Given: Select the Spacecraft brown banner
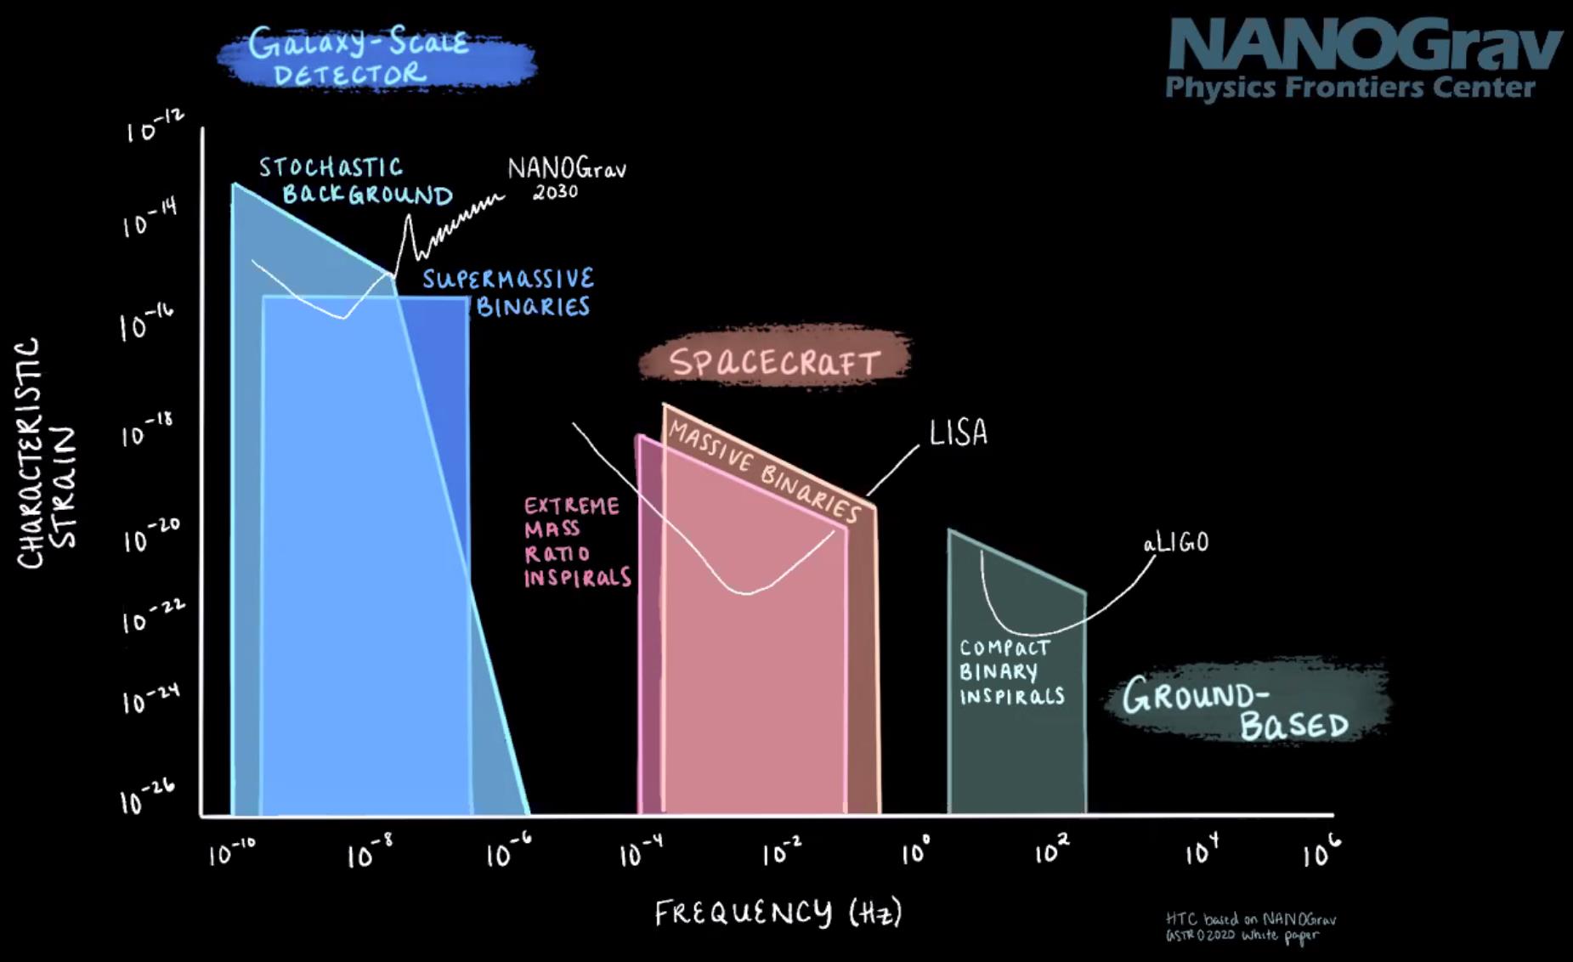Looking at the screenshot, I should pyautogui.click(x=773, y=361).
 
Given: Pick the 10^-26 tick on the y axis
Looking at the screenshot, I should pyautogui.click(x=146, y=796).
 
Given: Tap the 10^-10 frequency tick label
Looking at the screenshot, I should pyautogui.click(x=231, y=851).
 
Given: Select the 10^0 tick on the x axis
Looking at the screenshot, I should pyautogui.click(x=916, y=850).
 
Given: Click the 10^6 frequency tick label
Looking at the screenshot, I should pyautogui.click(x=1321, y=850).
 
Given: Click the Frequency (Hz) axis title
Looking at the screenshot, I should pyautogui.click(x=778, y=914).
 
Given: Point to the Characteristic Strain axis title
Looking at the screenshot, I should pyautogui.click(x=47, y=455).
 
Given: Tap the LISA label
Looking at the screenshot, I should pyautogui.click(x=958, y=433).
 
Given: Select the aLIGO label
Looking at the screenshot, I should pyautogui.click(x=1175, y=542).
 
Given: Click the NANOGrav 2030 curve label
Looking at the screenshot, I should pyautogui.click(x=565, y=178).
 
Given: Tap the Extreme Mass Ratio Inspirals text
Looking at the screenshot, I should pyautogui.click(x=576, y=542).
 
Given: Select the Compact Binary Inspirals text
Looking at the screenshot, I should pyautogui.click(x=1010, y=671).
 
